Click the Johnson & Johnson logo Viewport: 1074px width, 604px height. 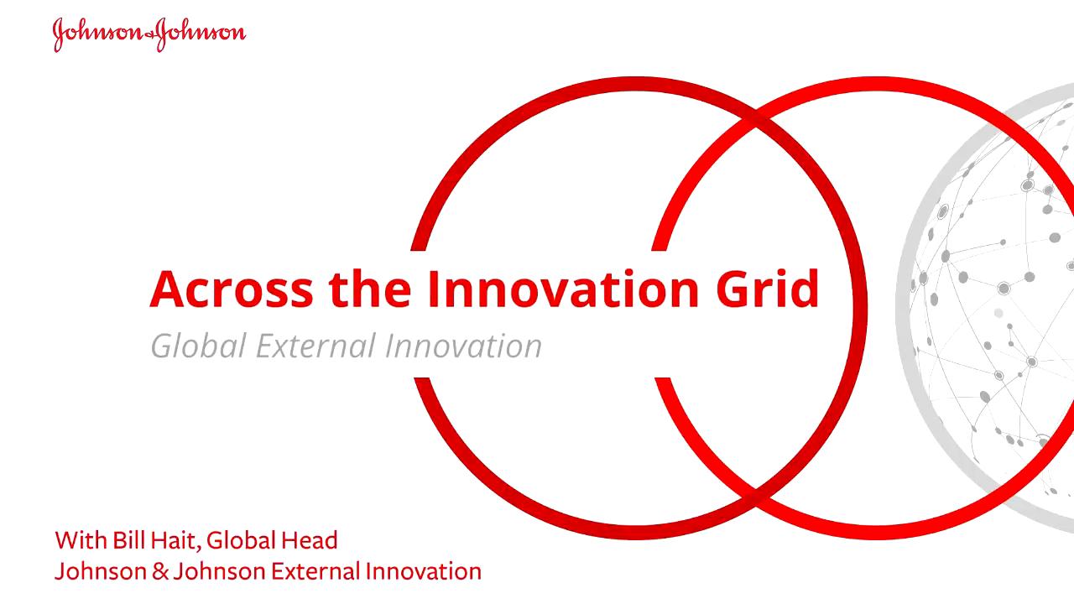[149, 34]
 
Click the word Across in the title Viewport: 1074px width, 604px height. [232, 289]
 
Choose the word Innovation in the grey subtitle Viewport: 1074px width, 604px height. [463, 346]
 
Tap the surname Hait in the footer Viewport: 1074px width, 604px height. [174, 541]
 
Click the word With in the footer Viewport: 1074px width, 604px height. [81, 540]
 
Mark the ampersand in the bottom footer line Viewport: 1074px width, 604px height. [160, 571]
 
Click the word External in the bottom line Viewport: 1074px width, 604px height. [315, 571]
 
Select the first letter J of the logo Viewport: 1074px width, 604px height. [59, 35]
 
